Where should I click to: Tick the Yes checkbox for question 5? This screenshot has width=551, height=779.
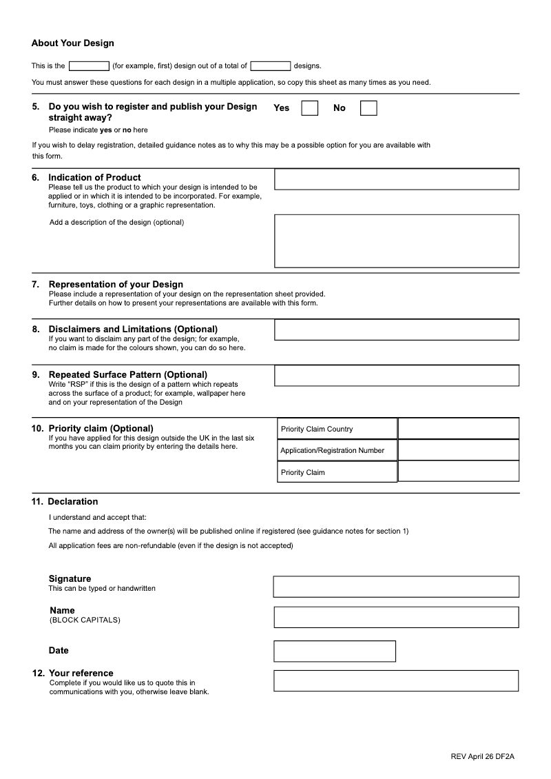point(310,108)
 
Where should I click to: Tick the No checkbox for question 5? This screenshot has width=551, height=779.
point(368,108)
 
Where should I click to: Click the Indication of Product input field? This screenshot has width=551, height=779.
point(397,179)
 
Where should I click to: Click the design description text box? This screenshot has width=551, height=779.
point(397,241)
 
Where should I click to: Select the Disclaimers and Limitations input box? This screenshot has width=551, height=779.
point(397,330)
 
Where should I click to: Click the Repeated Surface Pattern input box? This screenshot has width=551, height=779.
point(397,375)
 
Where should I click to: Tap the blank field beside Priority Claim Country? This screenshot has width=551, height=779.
point(459,429)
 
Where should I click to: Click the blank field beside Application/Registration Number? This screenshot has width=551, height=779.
point(459,450)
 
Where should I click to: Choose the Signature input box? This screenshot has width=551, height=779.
point(396,587)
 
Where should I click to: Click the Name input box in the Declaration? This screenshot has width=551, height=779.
point(396,617)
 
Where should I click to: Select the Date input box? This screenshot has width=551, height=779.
point(335,651)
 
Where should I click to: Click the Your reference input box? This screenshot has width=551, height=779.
point(396,680)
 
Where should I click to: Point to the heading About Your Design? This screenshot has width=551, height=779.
point(73,43)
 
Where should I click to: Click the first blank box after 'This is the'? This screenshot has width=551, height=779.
point(89,66)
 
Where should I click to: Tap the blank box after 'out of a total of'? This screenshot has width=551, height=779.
point(271,66)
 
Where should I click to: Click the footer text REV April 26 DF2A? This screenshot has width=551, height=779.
point(482,756)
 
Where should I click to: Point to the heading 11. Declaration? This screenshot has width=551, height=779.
point(65,501)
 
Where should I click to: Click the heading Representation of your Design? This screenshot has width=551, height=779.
point(116,284)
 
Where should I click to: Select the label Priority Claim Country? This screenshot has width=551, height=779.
point(317,429)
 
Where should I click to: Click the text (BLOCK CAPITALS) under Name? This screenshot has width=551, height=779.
point(85,620)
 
